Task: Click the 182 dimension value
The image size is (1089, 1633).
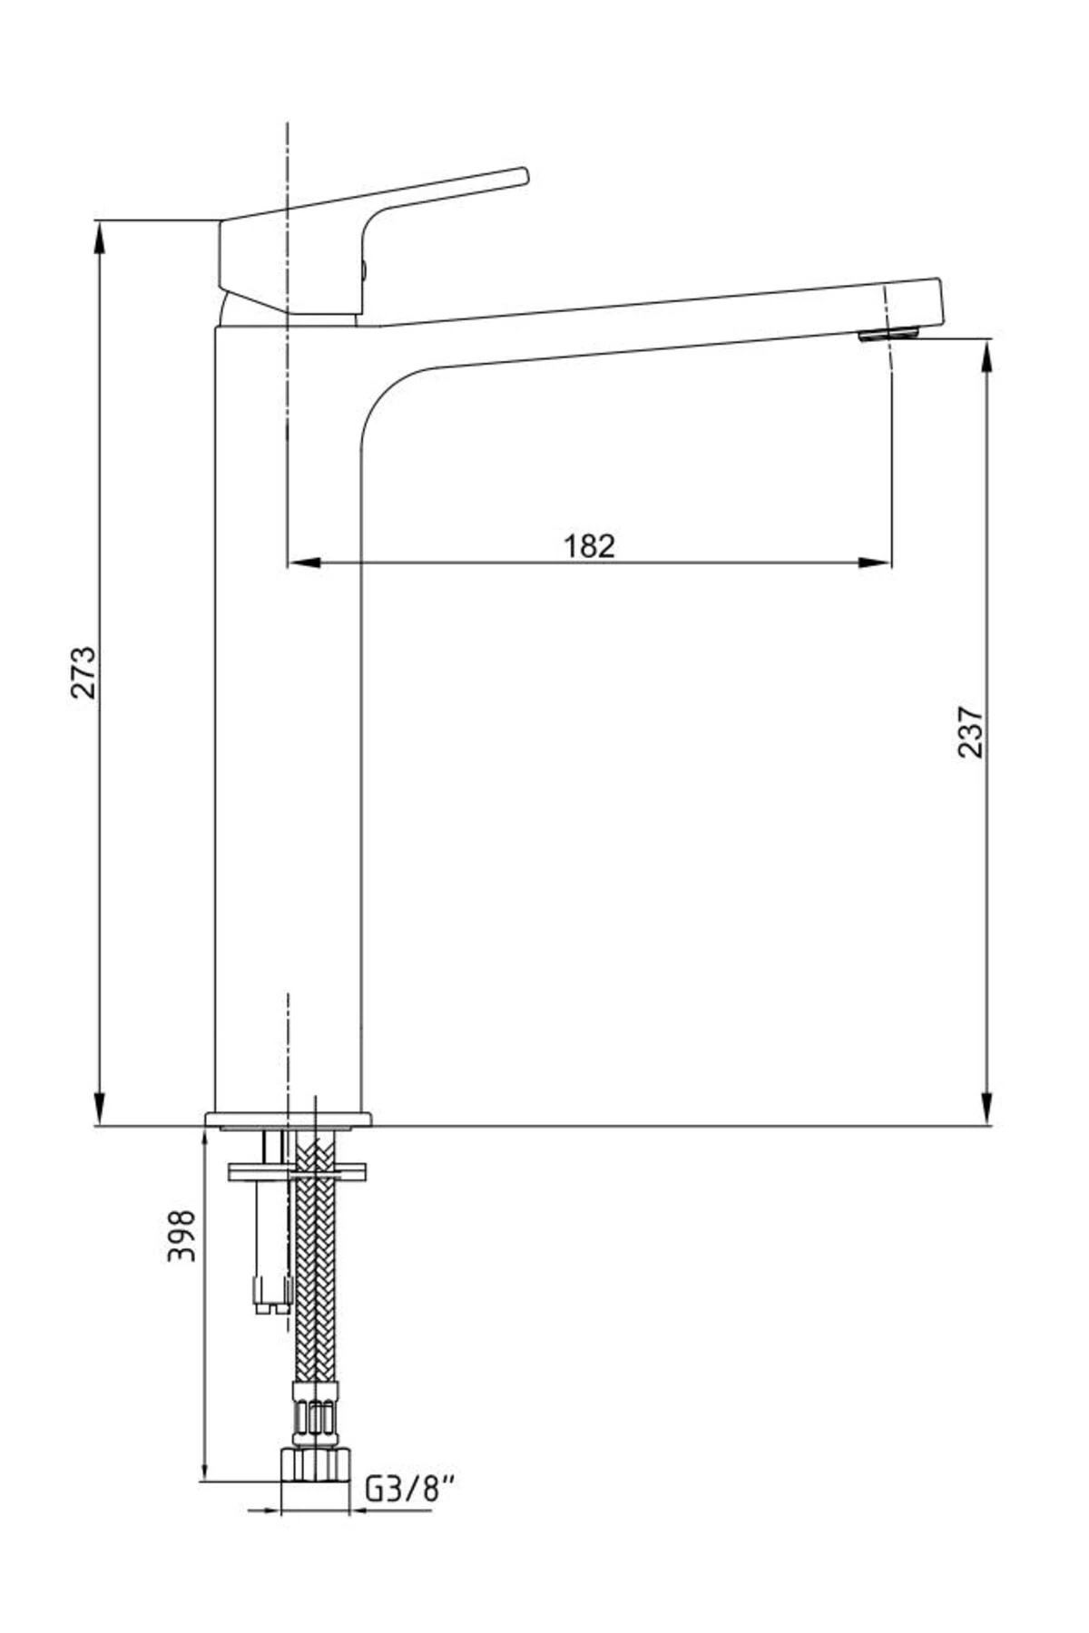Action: tap(589, 545)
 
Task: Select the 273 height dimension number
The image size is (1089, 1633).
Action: tap(83, 672)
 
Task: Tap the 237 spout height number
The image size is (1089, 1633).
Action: tap(970, 731)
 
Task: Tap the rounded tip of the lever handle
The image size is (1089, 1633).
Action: tap(523, 176)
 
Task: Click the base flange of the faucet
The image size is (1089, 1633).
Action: tap(289, 1119)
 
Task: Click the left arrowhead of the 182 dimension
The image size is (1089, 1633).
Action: tap(304, 563)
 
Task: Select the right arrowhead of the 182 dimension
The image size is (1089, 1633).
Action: tap(874, 563)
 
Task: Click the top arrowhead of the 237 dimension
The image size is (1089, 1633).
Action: tap(987, 357)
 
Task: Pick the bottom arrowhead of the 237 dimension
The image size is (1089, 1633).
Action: tap(987, 1109)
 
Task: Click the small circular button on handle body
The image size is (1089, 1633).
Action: tap(365, 269)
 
